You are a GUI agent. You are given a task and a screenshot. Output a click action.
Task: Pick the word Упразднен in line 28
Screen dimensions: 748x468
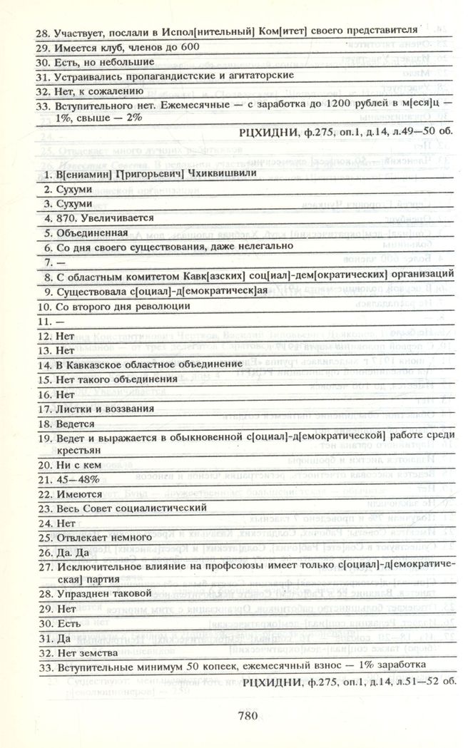click(80, 593)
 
